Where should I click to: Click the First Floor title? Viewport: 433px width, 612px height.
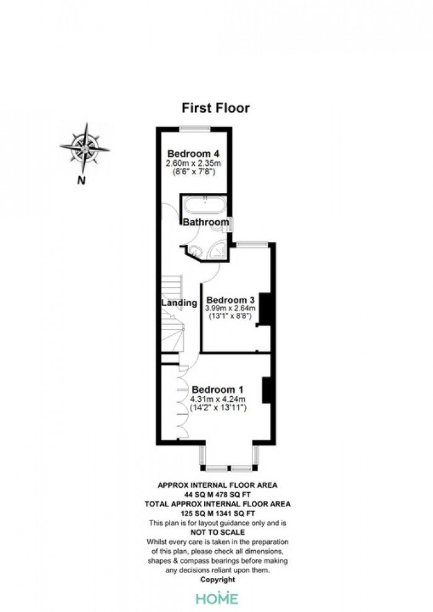[x=215, y=108]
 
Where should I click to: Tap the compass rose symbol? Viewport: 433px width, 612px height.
[x=85, y=148]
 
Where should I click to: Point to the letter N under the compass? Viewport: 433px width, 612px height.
[x=81, y=181]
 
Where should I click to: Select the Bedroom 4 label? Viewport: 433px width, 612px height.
[x=193, y=153]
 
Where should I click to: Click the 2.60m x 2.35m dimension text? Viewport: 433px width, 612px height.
[x=193, y=163]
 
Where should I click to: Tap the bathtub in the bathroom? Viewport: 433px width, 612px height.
[x=205, y=205]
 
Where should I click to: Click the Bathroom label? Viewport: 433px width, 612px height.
[x=206, y=222]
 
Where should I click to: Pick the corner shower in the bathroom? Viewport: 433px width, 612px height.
[x=218, y=250]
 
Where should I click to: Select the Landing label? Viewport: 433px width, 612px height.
[x=179, y=303]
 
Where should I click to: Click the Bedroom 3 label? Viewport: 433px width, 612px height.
[x=230, y=300]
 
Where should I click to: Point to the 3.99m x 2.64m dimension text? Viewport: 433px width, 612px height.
[x=230, y=308]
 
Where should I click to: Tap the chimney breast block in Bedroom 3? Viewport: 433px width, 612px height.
[x=265, y=309]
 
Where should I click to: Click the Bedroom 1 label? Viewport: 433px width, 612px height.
[x=218, y=389]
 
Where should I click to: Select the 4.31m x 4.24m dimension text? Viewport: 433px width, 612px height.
[x=218, y=399]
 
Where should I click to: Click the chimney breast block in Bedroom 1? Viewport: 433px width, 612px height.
[x=267, y=390]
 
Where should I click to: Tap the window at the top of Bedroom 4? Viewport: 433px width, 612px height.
[x=195, y=127]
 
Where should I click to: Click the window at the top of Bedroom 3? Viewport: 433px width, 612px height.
[x=252, y=244]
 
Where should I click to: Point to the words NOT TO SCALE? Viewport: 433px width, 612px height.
[x=218, y=532]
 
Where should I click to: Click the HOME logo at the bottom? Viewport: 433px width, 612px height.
[x=217, y=598]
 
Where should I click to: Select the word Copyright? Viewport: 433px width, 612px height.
[x=218, y=580]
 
